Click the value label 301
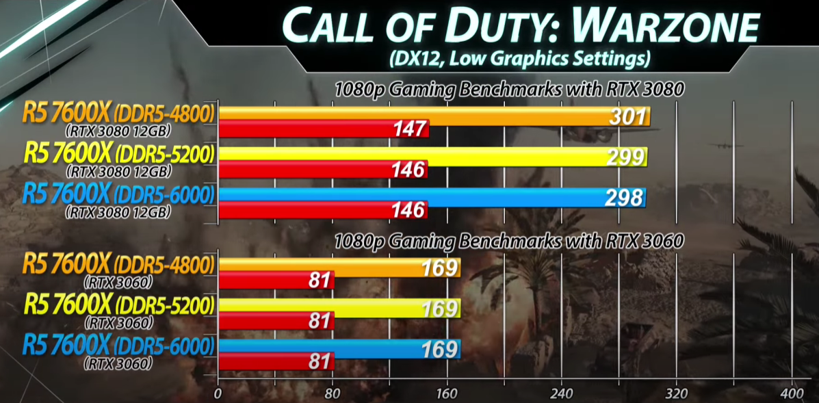point(627,116)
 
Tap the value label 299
point(625,157)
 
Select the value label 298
point(624,198)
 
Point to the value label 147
point(410,128)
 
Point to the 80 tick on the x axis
point(333,393)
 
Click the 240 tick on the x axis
point(562,393)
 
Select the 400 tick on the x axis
point(792,393)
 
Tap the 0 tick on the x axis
point(218,393)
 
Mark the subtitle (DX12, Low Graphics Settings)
point(518,59)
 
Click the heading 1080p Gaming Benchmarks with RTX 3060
point(509,241)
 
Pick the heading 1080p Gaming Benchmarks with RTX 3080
point(509,89)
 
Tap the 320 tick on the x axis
point(677,393)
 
